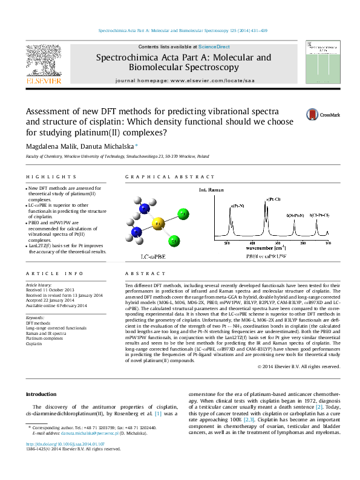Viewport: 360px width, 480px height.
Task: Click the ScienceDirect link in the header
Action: [x=214, y=47]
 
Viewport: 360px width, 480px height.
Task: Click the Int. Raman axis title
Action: [x=210, y=190]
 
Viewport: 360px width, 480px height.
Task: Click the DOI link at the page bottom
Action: [x=65, y=444]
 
